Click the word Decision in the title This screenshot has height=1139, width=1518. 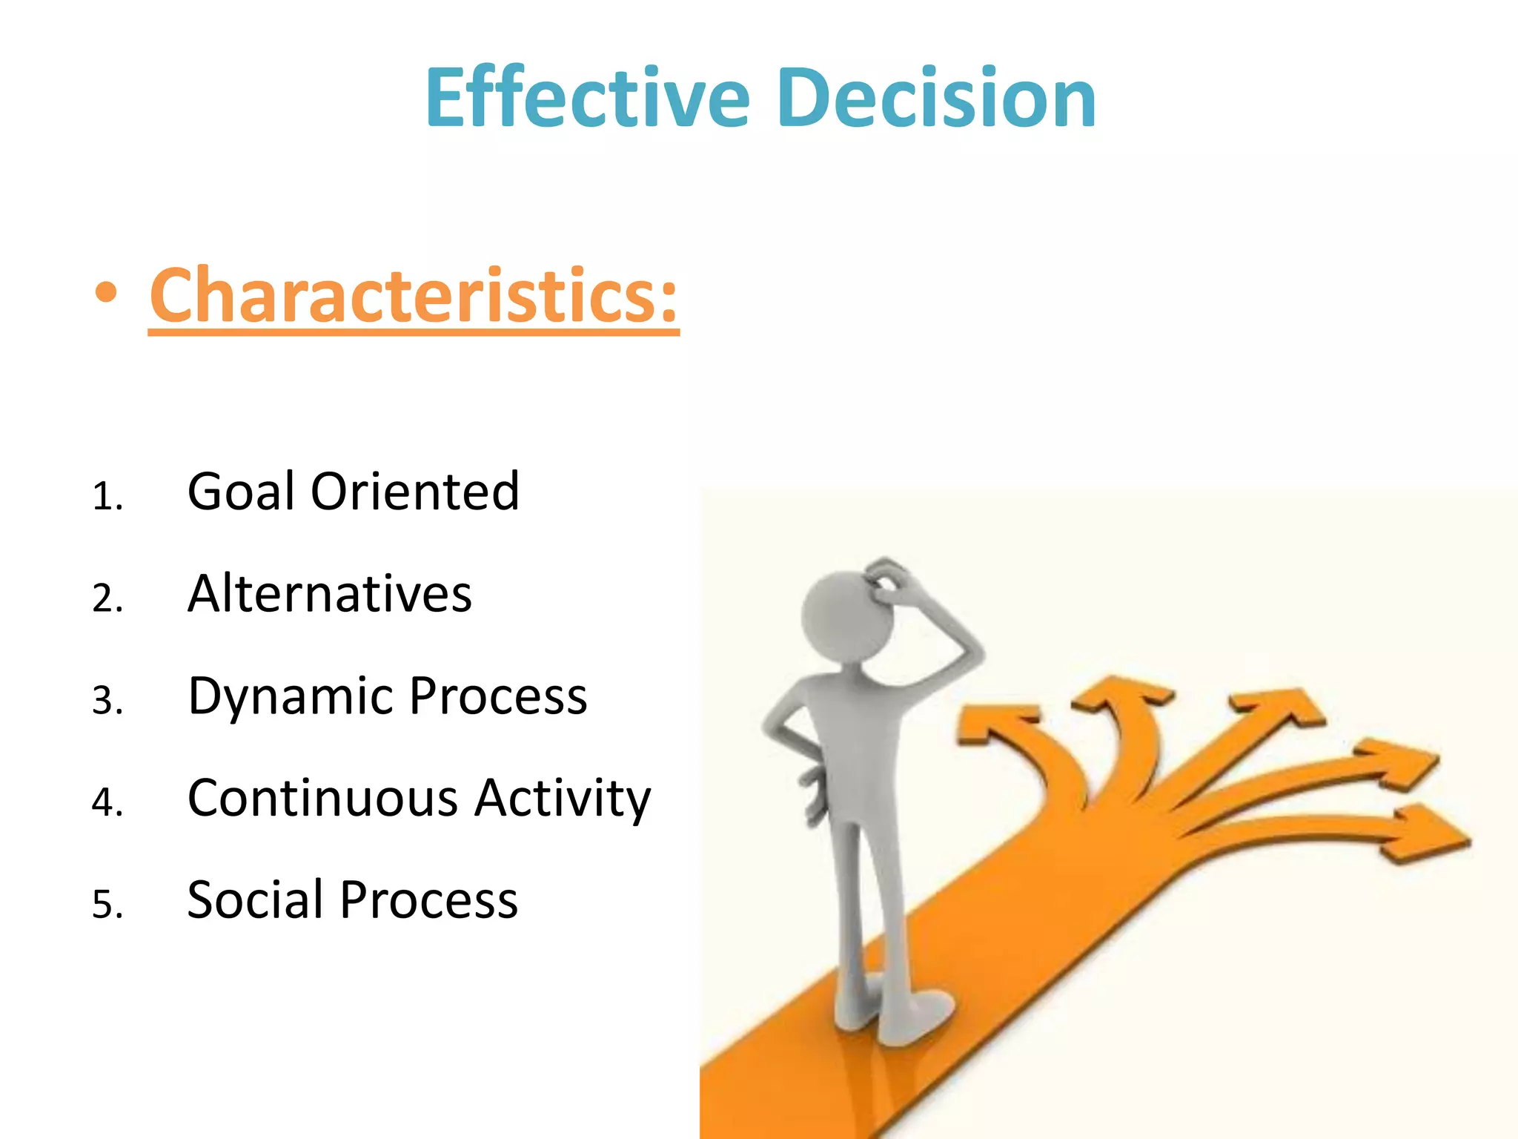point(937,98)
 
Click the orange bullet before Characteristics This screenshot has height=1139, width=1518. point(106,292)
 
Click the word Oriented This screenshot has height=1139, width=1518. point(415,492)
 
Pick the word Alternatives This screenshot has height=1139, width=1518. point(329,594)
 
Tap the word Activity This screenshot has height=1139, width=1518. point(563,799)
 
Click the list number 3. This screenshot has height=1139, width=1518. point(107,701)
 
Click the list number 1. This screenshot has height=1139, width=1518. point(107,496)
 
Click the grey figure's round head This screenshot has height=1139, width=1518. point(845,615)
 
